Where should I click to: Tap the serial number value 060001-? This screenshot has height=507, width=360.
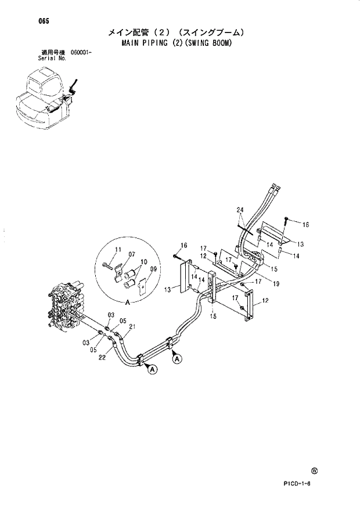point(82,53)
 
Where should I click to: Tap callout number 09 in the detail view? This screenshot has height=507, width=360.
point(153,269)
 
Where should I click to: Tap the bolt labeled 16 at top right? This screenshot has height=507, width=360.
point(287,221)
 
